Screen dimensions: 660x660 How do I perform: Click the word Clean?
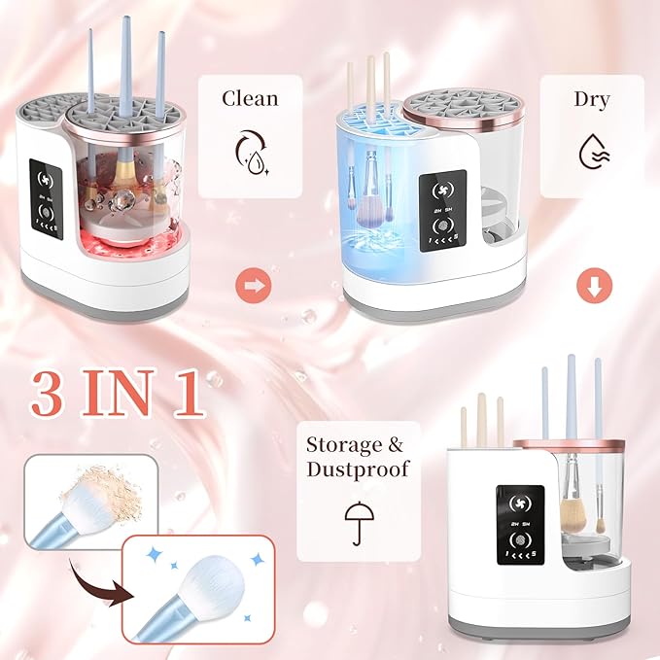[x=251, y=98]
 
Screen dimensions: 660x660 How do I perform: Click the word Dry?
[x=592, y=98]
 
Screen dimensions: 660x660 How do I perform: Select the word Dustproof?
[x=358, y=470]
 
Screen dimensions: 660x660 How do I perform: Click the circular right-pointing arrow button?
[x=251, y=286]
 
